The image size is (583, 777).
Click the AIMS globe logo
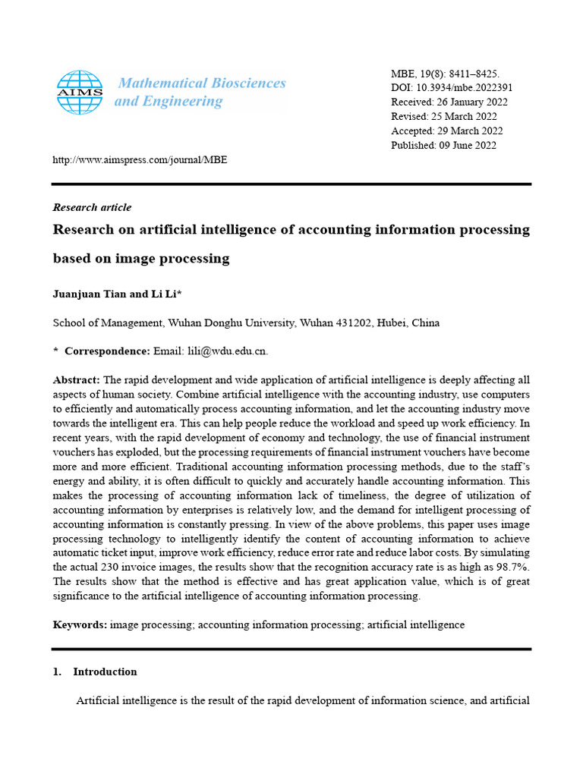tap(80, 92)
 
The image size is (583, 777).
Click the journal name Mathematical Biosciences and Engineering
tap(200, 92)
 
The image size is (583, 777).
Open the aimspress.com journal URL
tap(140, 160)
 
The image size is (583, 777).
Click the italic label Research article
tap(92, 207)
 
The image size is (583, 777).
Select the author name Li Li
tap(165, 294)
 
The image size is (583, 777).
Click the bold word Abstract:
tap(76, 379)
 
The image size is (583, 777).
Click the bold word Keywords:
tap(80, 624)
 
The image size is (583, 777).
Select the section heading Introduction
tap(105, 672)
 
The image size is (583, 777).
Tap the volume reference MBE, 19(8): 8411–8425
tap(445, 74)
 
